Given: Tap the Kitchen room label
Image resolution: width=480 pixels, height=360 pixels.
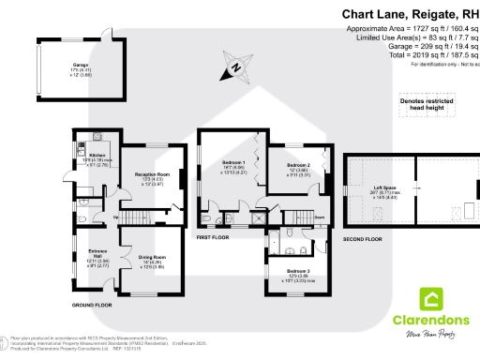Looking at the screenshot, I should (x=98, y=155).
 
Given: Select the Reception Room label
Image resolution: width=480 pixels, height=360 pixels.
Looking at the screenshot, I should (x=151, y=174).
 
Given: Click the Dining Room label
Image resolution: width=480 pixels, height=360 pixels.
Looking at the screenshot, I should (x=152, y=257).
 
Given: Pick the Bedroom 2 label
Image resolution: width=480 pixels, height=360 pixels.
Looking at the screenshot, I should (x=299, y=164).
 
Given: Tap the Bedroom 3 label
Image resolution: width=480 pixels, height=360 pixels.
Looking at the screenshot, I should (x=299, y=272).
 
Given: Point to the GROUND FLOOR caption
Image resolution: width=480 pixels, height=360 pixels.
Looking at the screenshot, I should (x=92, y=306).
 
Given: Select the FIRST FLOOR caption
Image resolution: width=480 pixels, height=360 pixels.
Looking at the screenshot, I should (x=213, y=238).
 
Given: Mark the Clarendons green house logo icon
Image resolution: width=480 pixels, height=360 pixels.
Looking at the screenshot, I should (x=432, y=301).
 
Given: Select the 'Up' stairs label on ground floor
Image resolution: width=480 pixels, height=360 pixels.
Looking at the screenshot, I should (x=115, y=218).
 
